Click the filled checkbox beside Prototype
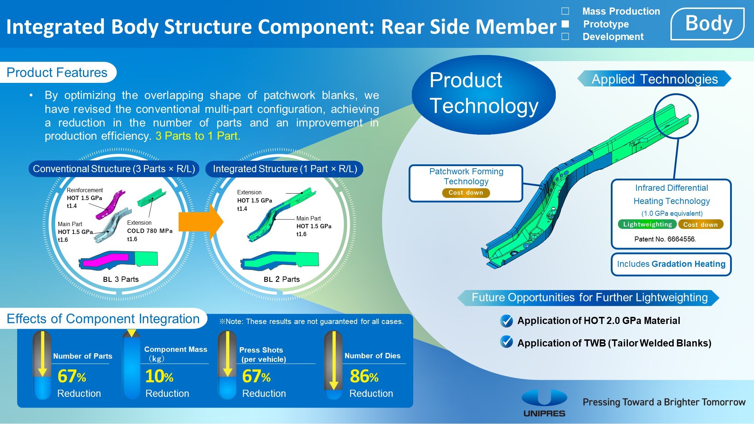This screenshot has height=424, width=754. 565,24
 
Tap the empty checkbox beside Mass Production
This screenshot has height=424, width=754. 565,11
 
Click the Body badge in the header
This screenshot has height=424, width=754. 708,24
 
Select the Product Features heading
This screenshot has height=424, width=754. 57,73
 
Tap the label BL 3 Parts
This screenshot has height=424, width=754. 121,279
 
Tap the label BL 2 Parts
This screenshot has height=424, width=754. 281,279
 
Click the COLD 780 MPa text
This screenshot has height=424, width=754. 150,231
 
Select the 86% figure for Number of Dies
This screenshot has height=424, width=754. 364,376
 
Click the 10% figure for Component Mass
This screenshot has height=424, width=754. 159,376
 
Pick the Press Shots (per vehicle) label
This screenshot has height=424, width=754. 263,355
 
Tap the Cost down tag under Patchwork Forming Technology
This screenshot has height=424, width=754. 466,193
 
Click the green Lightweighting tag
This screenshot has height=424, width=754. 647,224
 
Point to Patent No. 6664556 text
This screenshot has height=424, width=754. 665,239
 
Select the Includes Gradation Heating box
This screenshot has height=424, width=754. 671,264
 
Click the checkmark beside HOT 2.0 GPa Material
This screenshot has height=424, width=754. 506,321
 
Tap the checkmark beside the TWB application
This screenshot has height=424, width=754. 506,342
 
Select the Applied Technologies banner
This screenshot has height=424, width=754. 654,79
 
